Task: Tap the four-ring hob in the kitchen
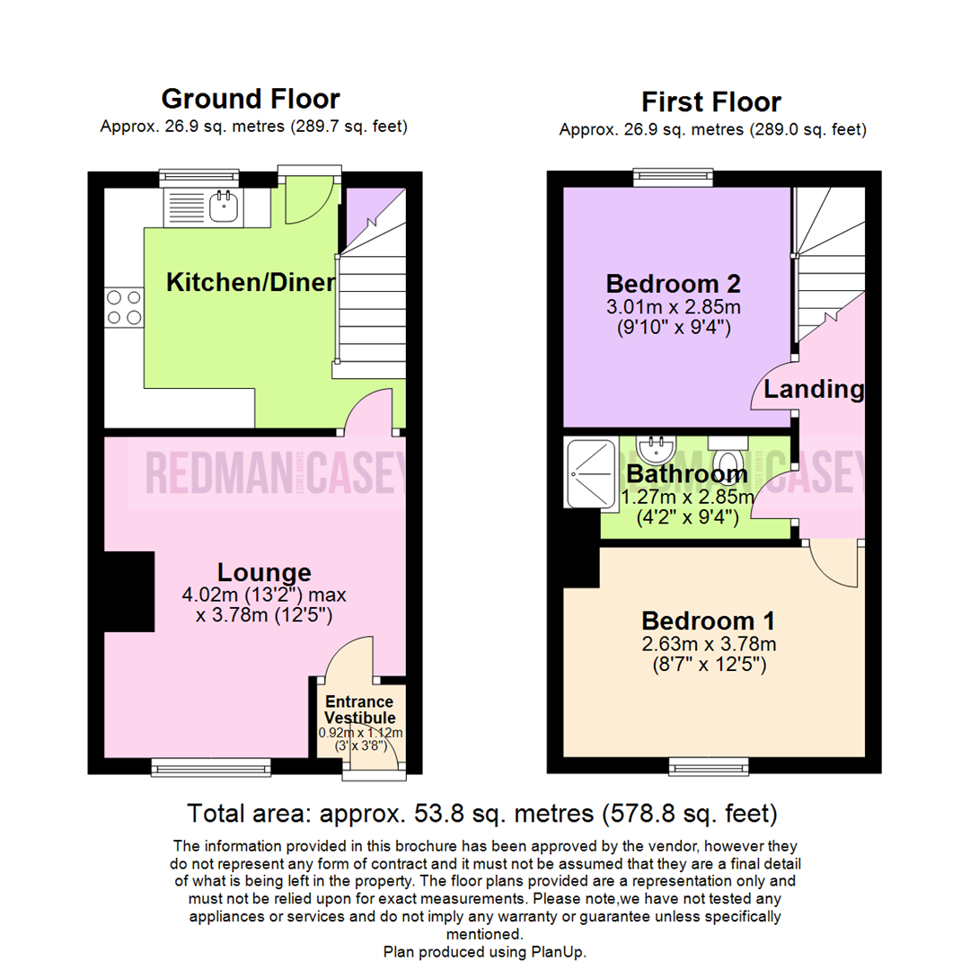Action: point(124,306)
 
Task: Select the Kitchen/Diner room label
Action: point(251,283)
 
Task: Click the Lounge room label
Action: point(264,572)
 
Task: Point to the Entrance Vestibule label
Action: point(359,710)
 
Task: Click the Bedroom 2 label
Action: point(673,284)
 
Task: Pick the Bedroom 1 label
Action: point(708,621)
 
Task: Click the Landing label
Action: point(814,390)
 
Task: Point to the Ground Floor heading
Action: point(251,98)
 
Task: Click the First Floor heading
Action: point(711,101)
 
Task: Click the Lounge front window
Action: point(211,765)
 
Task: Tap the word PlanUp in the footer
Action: point(560,951)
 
